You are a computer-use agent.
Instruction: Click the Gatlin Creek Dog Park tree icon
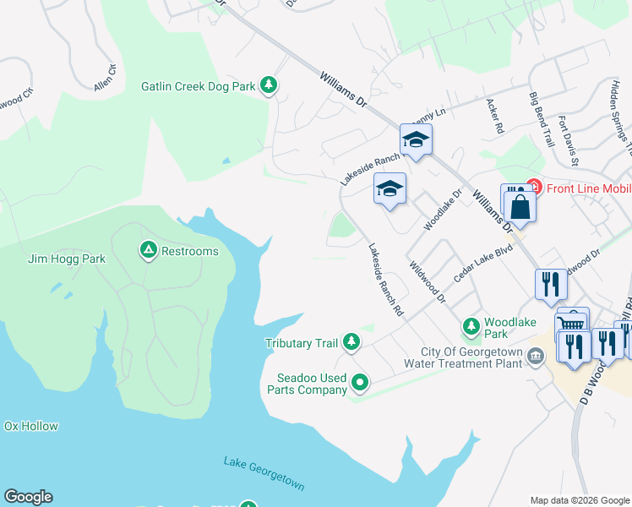(269, 85)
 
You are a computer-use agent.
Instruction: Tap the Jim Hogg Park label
(67, 259)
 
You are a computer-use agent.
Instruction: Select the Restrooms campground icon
(148, 250)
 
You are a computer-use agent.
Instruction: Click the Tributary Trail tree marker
(351, 342)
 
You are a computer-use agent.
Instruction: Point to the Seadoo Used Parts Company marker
(360, 384)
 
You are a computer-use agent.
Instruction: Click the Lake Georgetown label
(264, 474)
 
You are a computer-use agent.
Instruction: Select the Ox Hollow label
(30, 426)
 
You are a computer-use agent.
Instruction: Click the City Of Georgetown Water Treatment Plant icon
(535, 357)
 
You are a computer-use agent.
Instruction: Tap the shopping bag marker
(521, 207)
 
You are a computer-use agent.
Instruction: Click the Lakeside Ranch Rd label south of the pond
(385, 281)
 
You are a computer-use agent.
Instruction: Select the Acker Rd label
(494, 117)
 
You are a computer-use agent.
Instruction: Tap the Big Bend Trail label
(542, 121)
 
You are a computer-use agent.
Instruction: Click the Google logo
(28, 497)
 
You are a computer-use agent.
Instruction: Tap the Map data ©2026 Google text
(579, 500)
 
